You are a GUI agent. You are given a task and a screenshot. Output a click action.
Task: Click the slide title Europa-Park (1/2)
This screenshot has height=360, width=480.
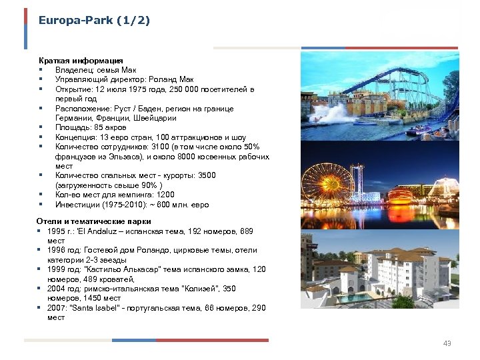94,21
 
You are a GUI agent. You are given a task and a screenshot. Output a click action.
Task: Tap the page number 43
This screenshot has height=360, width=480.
447,343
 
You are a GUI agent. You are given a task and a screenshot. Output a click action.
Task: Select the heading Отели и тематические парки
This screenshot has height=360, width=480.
93,221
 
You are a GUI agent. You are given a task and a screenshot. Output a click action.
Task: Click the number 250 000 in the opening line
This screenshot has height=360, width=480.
186,89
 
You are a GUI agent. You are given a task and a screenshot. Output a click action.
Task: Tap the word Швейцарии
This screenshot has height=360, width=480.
154,118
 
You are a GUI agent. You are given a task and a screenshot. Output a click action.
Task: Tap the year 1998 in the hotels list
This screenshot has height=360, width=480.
57,250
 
